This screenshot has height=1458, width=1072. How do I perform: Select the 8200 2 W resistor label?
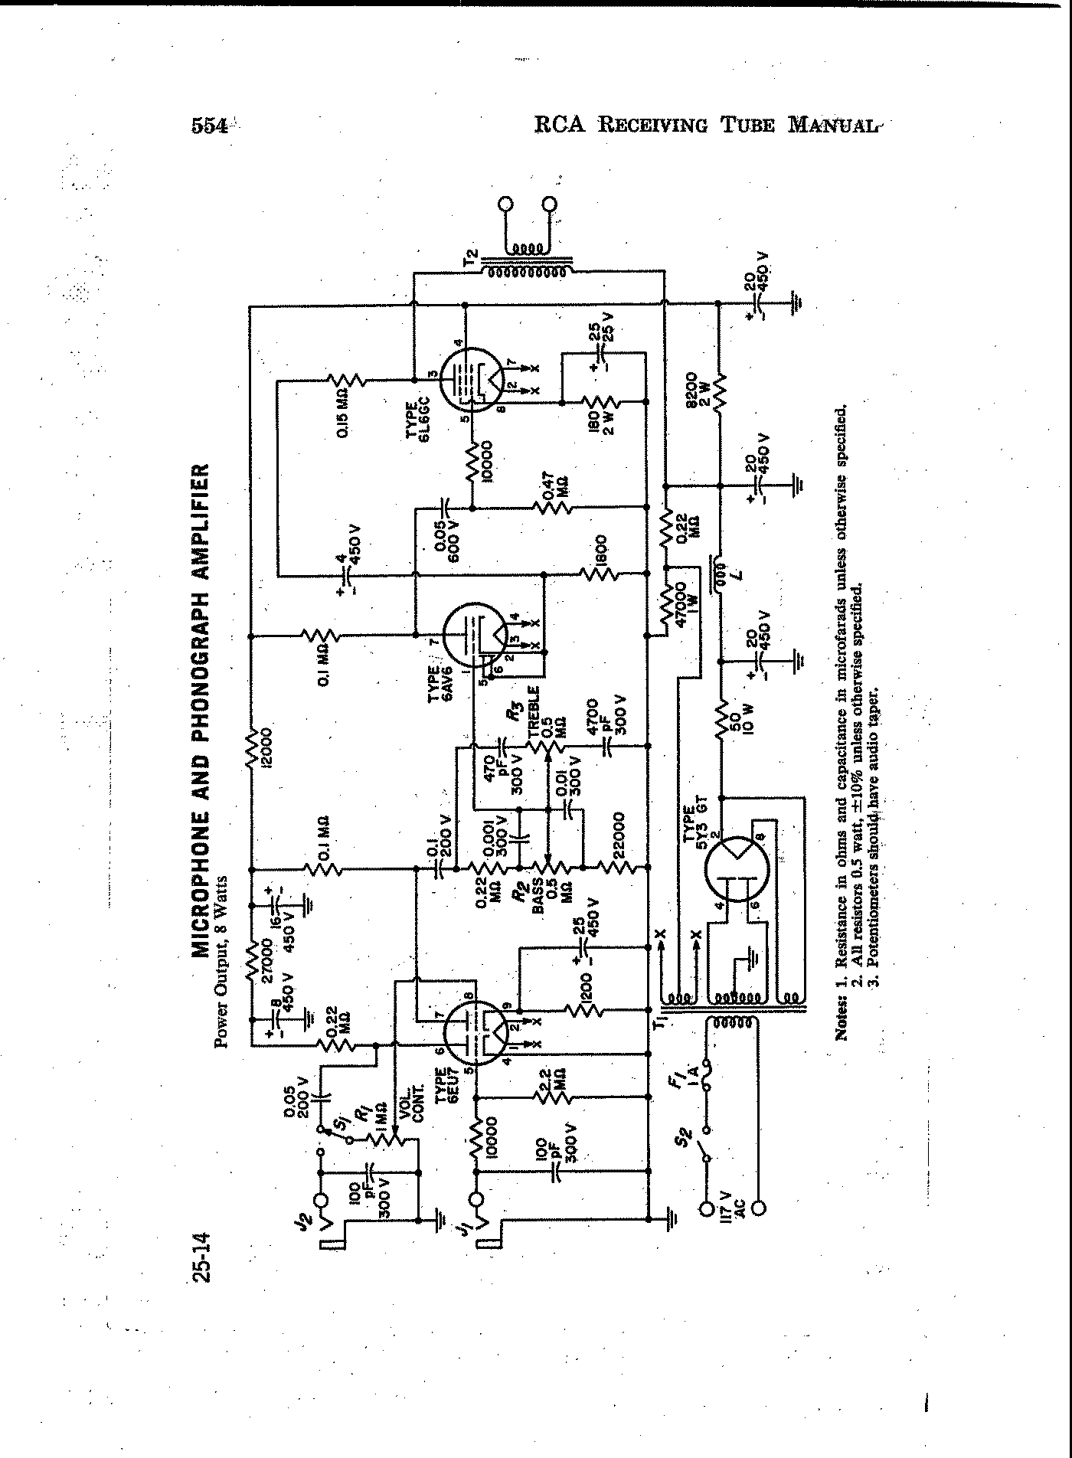[698, 391]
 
